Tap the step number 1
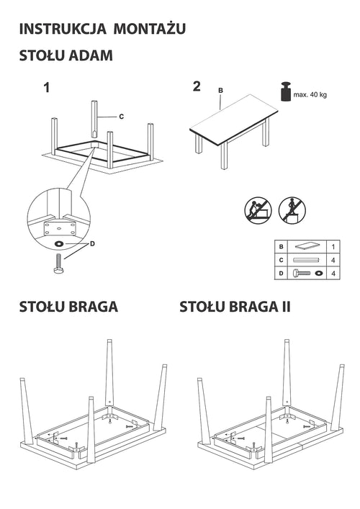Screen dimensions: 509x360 click(x=47, y=89)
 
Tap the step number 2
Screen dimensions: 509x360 click(x=197, y=87)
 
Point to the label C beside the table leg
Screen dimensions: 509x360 click(x=121, y=117)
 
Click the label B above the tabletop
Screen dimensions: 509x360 click(x=221, y=90)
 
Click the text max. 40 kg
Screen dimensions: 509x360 click(x=310, y=95)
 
